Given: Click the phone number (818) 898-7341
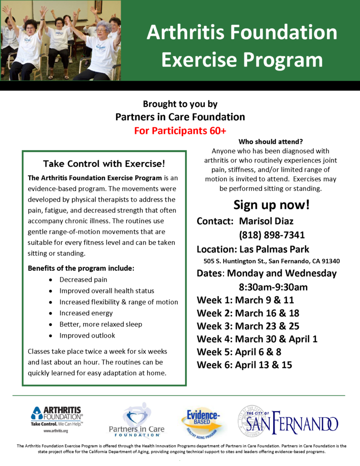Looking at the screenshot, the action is (x=272, y=235).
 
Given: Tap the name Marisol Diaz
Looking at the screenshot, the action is (x=266, y=221).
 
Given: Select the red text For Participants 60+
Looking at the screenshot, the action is (x=180, y=131).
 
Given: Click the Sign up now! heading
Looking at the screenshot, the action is (x=271, y=205).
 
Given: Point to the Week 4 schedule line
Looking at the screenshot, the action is (x=257, y=339).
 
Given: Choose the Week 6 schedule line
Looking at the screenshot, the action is (x=244, y=365).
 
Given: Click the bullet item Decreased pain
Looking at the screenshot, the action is (x=83, y=280).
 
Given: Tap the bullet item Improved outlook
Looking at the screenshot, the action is (x=87, y=335).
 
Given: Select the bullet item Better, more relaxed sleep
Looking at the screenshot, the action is (x=101, y=324).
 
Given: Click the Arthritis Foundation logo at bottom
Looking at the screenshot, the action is (x=57, y=419).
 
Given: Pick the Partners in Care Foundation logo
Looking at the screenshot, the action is (x=137, y=420).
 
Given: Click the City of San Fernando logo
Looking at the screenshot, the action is (x=288, y=421).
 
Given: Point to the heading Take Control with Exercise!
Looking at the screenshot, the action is (x=104, y=164).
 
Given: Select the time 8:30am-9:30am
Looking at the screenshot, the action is (x=273, y=287).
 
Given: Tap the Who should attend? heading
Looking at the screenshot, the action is (x=270, y=142).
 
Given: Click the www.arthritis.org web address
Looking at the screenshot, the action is (x=56, y=431).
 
